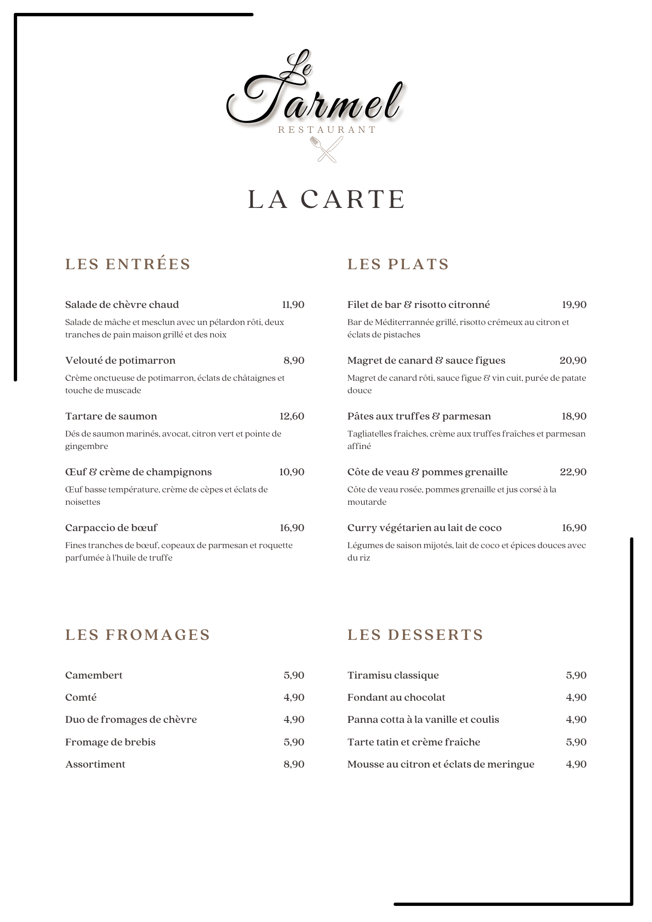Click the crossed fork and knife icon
pos(326,149)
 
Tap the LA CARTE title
pos(326,199)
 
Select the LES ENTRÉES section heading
pos(128,264)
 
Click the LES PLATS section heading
pos(398,264)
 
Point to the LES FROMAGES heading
pos(137,635)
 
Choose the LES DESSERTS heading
pos(415,635)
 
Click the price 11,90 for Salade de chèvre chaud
pos(293,305)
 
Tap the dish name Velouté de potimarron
pos(120,361)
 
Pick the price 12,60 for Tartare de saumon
pos(292,416)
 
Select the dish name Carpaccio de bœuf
pos(111,528)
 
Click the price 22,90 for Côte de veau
pos(573,472)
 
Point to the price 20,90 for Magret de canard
pos(573,361)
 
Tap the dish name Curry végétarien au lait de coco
pos(424,528)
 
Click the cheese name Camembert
pos(94,675)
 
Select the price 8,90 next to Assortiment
pos(294,764)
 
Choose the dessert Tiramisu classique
pos(393,675)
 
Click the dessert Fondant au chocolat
pos(396,697)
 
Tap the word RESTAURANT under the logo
pos(326,130)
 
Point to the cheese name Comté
pos(81,697)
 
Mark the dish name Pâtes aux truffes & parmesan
pos(419,416)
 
